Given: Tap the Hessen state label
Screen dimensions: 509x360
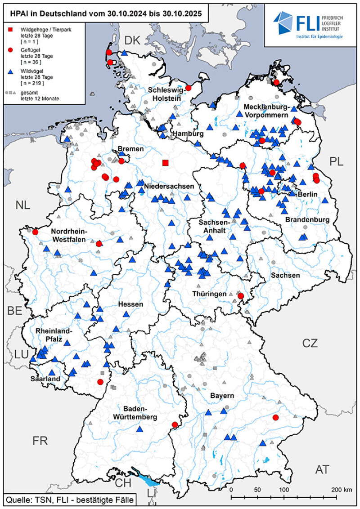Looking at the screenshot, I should (x=130, y=304).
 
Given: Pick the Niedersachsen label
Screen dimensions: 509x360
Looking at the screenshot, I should (x=169, y=186).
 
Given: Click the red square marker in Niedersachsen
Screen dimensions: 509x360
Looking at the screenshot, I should (x=166, y=162).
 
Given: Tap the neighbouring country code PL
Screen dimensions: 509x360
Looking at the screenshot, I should (x=336, y=161).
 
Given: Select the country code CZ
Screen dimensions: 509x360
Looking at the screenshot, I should (x=310, y=344).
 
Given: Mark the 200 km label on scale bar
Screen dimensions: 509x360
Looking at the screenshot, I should (x=340, y=489).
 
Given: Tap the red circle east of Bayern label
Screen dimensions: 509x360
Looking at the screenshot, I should (x=276, y=418).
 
